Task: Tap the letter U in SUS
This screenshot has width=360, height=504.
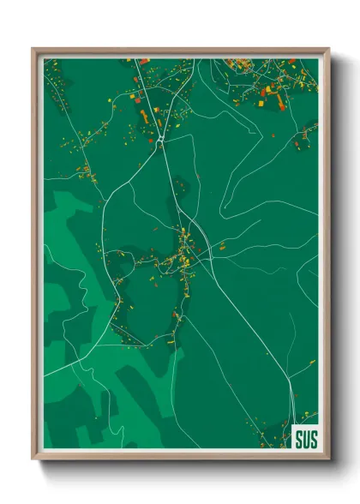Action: (304, 437)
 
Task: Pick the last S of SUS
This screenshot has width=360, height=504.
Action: (311, 437)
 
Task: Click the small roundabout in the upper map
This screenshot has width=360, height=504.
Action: (160, 136)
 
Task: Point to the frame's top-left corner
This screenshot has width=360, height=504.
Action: (33, 49)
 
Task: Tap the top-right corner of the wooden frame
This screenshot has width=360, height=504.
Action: (328, 49)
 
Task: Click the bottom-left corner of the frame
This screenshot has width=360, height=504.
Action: (33, 460)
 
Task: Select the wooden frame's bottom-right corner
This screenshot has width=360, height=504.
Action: (328, 460)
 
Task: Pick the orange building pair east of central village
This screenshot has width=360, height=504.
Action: (221, 248)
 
